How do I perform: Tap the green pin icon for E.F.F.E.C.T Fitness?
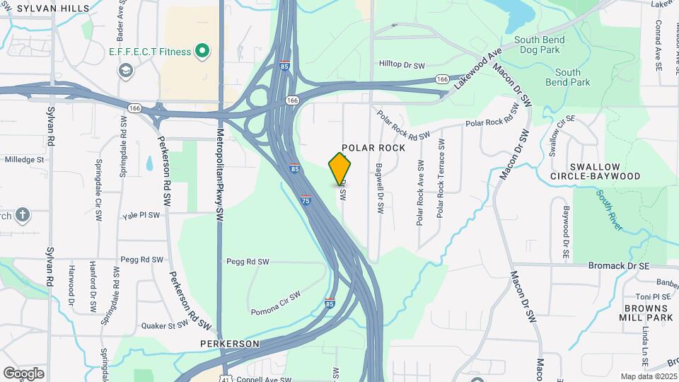[202, 51]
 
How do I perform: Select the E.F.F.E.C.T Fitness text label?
[150, 52]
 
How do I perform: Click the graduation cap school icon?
[126, 69]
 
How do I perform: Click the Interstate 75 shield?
[306, 200]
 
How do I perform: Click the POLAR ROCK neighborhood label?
[373, 148]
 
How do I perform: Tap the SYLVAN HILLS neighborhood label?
[53, 8]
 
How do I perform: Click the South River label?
[609, 209]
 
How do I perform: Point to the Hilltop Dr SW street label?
[402, 65]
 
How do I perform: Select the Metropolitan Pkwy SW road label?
[220, 173]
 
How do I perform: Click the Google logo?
[23, 373]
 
